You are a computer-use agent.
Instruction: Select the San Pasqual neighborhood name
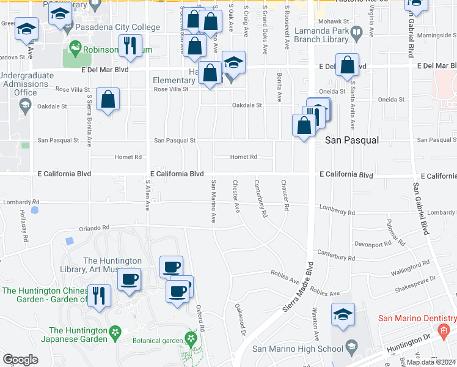click(x=351, y=140)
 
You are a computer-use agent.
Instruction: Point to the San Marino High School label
click(x=297, y=349)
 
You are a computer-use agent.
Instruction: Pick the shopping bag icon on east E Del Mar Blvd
click(x=347, y=66)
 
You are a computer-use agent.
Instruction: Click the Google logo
click(x=20, y=360)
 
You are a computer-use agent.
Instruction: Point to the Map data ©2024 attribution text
click(x=430, y=362)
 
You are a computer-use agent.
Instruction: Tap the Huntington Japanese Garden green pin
click(x=114, y=332)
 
